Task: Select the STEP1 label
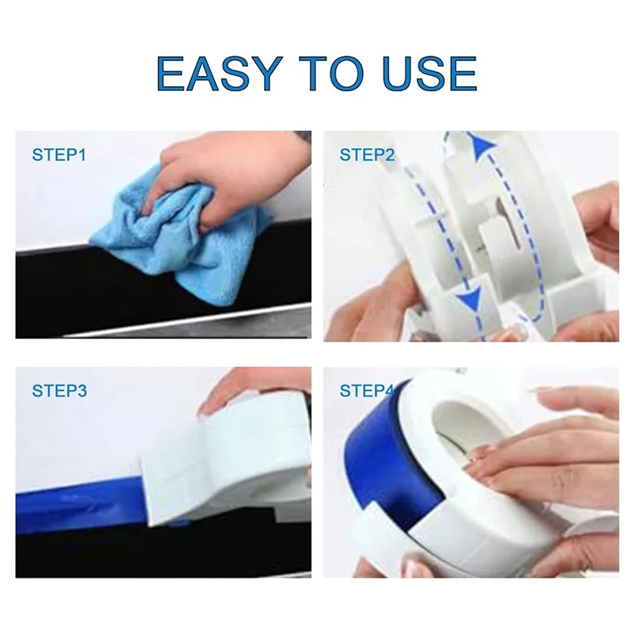click(59, 154)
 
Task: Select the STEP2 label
click(367, 154)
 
